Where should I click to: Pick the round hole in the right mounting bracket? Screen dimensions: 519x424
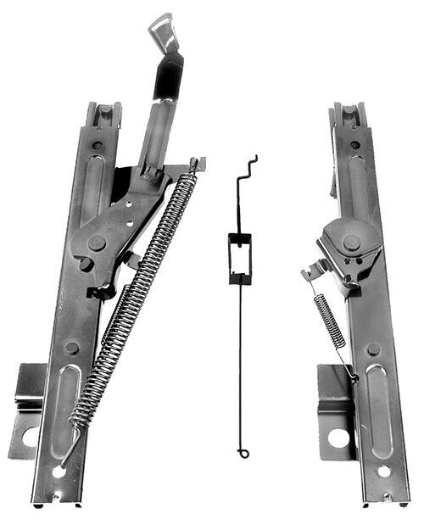coord(338,438)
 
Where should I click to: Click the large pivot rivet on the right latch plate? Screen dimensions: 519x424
coord(351,242)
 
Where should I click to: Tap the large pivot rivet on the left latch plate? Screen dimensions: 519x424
coord(98,243)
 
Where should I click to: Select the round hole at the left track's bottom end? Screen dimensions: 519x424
coord(59,471)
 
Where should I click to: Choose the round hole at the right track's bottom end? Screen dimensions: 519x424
coord(383,470)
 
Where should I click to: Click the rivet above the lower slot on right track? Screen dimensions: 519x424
coord(373,349)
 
